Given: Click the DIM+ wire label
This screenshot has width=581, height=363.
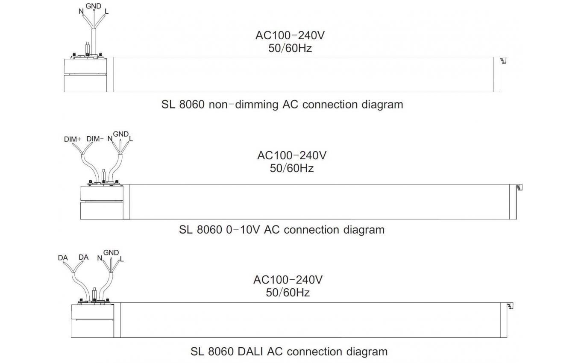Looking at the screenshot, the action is point(73,139).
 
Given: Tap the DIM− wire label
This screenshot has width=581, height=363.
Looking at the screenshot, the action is point(95,139).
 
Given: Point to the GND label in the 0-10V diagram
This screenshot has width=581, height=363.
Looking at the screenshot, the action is point(121,134).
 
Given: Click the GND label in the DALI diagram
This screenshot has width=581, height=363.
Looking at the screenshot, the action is point(111,252).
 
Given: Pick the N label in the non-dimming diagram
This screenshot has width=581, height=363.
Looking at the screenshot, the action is point(81,12).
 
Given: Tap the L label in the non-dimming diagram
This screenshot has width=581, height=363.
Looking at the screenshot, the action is point(107,12).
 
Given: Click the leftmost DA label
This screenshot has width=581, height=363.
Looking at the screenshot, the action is point(63,258).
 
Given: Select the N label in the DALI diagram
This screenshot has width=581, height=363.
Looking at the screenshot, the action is point(100,258).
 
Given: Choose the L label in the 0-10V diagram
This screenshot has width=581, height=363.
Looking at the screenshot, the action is point(131,139).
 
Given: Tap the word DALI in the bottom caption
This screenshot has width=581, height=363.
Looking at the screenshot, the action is point(250,351).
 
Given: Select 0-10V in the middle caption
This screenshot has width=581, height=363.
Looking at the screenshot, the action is point(243,230).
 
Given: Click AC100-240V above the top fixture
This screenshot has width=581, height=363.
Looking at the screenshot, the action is point(290,35).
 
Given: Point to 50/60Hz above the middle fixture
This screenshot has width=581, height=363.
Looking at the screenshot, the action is point(292,168).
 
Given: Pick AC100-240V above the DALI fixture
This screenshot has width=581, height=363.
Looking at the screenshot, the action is point(288,280).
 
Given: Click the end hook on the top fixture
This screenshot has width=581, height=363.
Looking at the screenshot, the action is point(503,60).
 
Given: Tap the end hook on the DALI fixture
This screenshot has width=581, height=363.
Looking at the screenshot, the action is point(511,306).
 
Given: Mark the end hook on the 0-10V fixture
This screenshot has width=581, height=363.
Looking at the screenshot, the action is point(519,187).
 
